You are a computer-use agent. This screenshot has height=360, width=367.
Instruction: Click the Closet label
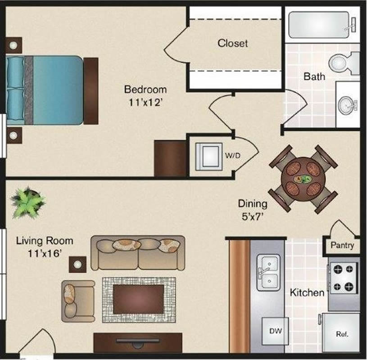232,43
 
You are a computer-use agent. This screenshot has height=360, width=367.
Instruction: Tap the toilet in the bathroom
343,63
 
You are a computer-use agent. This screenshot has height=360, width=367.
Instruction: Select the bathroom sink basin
346,106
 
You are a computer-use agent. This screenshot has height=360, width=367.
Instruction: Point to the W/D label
233,155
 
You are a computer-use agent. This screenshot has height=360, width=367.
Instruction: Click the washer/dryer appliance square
209,157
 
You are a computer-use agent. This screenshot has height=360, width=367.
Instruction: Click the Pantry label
342,245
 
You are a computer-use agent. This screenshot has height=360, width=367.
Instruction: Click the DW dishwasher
275,331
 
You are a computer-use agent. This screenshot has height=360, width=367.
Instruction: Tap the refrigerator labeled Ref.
341,332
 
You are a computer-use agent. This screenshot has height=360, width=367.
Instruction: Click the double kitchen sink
268,273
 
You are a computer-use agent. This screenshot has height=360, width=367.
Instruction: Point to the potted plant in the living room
27,202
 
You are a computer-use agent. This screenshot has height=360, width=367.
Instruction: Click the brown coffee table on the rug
139,299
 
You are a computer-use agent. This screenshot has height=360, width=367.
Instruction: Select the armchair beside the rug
78,301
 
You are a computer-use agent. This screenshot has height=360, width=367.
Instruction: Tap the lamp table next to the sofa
77,264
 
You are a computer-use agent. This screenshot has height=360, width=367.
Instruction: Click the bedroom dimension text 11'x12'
145,103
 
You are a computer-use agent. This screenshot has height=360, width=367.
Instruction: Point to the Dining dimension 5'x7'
253,216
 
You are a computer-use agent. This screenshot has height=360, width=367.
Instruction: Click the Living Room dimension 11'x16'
45,253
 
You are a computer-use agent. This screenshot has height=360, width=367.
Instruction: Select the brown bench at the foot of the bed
91,91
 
